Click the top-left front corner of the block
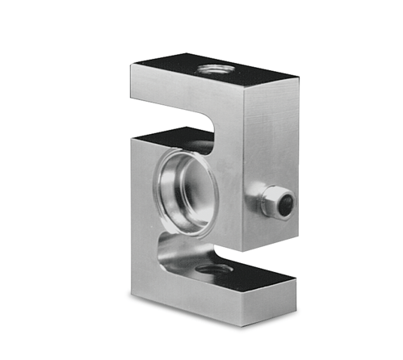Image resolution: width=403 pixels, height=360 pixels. pyautogui.click(x=131, y=67)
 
